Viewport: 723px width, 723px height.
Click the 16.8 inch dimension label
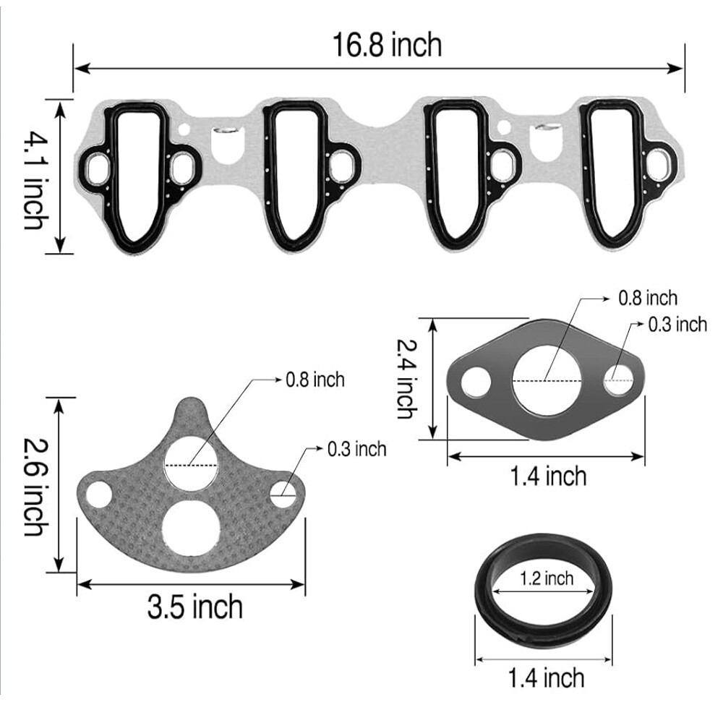[387, 46]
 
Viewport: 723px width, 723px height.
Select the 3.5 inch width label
[195, 607]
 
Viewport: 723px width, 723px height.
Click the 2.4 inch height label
[407, 380]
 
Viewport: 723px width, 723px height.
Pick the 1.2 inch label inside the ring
[546, 578]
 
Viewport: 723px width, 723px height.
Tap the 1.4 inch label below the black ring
[546, 677]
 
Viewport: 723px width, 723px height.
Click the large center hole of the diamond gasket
[547, 380]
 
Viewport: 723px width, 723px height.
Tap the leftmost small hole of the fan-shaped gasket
[99, 495]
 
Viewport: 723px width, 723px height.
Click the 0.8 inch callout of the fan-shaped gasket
[315, 379]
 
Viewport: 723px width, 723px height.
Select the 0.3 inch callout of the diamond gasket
[677, 324]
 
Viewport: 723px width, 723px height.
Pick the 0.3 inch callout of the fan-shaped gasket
[356, 449]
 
